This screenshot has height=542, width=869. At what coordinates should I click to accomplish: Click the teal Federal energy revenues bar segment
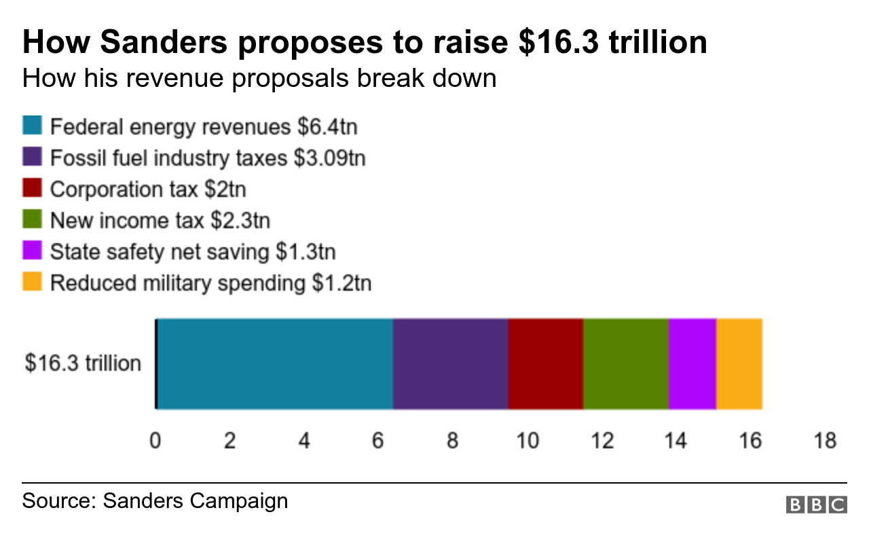(x=275, y=364)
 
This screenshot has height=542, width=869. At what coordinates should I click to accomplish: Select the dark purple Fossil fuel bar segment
(x=451, y=364)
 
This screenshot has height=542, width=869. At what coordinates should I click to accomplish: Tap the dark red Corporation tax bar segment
(x=545, y=364)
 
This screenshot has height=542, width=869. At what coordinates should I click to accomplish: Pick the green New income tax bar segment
(x=625, y=364)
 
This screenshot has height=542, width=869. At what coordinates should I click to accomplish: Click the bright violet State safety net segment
(x=692, y=364)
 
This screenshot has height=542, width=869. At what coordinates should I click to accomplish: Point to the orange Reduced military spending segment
(x=739, y=364)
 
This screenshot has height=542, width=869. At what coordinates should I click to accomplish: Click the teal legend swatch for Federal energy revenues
(x=33, y=126)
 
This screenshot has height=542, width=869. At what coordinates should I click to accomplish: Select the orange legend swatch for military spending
(x=33, y=282)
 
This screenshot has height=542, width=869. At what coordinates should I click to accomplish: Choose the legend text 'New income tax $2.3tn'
(x=160, y=220)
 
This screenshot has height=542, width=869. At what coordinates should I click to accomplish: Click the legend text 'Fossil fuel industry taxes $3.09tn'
(x=208, y=158)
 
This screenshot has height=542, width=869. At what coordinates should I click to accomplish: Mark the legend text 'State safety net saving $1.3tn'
(x=193, y=251)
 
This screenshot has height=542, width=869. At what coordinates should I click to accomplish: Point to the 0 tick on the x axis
(x=155, y=441)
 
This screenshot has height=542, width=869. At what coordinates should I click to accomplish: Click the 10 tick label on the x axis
(x=528, y=441)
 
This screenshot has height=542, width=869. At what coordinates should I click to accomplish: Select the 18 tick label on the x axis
(x=825, y=441)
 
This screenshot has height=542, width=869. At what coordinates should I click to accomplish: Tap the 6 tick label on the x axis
(x=378, y=441)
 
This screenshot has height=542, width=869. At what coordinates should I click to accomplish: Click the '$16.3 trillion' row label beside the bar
(x=83, y=363)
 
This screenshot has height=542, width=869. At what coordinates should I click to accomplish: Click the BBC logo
(x=817, y=505)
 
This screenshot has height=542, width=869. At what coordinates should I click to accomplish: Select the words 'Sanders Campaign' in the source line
(x=196, y=501)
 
